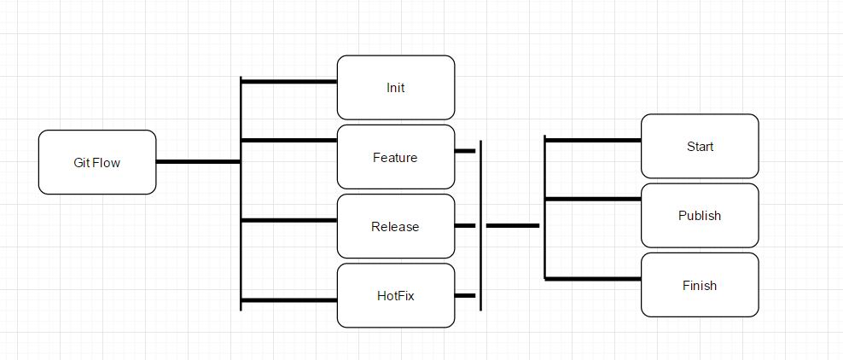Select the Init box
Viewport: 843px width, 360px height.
click(x=395, y=87)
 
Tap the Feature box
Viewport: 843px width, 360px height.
click(x=395, y=157)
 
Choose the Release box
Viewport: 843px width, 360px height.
click(x=395, y=226)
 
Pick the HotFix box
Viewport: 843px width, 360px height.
click(x=395, y=295)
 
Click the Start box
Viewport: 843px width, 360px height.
click(x=700, y=146)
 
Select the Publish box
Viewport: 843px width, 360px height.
click(x=700, y=215)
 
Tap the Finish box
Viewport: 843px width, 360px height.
click(x=700, y=285)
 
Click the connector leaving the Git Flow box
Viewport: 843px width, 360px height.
click(x=198, y=161)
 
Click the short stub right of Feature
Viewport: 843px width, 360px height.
click(x=465, y=151)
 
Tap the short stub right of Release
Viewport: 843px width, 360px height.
click(x=465, y=226)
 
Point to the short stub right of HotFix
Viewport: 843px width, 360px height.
click(x=465, y=295)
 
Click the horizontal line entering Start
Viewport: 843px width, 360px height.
click(x=593, y=139)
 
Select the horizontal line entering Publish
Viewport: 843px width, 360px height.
click(x=593, y=199)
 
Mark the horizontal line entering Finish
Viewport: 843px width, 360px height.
click(x=593, y=278)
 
